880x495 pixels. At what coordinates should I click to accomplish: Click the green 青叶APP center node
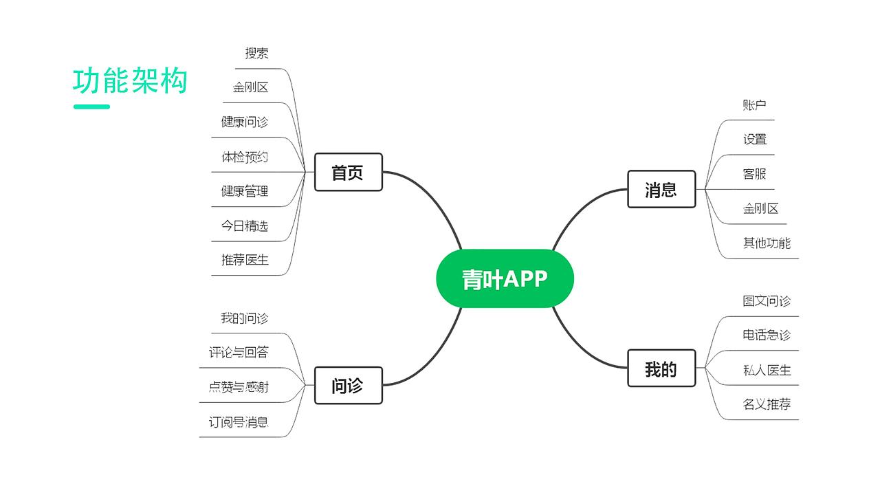[x=505, y=278]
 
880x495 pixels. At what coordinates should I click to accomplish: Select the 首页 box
[x=348, y=172]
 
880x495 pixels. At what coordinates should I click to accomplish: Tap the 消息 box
[x=661, y=189]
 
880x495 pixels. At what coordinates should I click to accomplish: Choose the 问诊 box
[x=348, y=386]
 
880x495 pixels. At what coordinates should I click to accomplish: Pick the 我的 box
[x=661, y=368]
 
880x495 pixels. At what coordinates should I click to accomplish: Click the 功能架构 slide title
[x=130, y=81]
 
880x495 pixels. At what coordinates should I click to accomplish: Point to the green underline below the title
[x=91, y=107]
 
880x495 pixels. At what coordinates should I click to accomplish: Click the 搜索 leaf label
[x=256, y=53]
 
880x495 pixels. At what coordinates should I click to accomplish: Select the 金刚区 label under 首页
[x=250, y=87]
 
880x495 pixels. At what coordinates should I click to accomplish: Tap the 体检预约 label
[x=245, y=157]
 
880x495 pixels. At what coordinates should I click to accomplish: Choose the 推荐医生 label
[x=245, y=260]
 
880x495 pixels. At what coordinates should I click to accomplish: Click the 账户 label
[x=754, y=104]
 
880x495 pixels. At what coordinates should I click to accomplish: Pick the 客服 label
[x=754, y=174]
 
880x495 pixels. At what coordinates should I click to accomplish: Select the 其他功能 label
[x=767, y=243]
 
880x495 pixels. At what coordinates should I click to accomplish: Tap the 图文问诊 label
[x=767, y=300]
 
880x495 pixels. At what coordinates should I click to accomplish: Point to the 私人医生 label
[x=767, y=370]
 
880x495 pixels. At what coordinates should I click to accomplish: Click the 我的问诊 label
[x=245, y=318]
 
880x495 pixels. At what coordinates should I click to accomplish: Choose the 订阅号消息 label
[x=239, y=421]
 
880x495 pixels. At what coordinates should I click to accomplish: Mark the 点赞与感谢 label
[x=239, y=387]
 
